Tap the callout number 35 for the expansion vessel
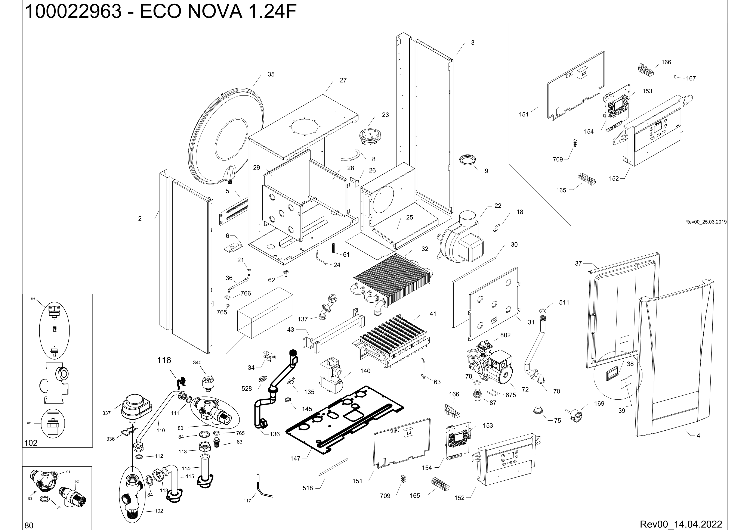coord(271,74)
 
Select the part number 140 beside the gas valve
coord(365,371)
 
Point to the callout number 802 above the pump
coord(505,335)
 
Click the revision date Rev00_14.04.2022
coord(681,524)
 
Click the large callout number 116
coord(164,360)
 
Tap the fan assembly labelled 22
coord(461,238)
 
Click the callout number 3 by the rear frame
coord(473,43)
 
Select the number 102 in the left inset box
coord(31,443)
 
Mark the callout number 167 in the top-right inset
coord(691,78)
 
